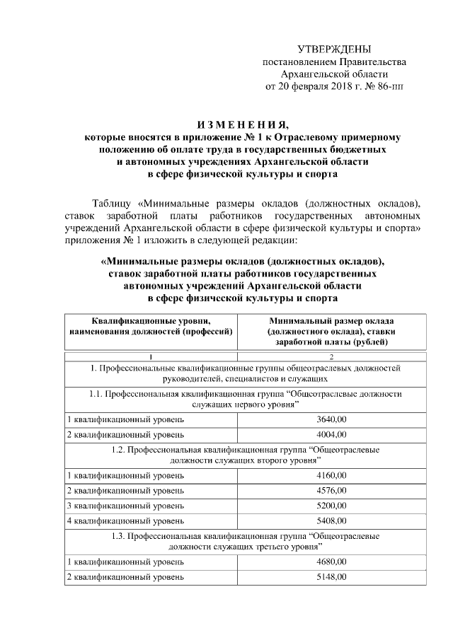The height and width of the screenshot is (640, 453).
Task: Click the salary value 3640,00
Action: (x=332, y=419)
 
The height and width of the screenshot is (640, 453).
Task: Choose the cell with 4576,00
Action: (x=332, y=490)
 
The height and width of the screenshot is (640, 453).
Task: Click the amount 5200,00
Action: (x=332, y=506)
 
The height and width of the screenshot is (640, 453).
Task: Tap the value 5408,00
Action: (x=332, y=521)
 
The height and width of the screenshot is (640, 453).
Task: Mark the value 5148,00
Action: (x=332, y=577)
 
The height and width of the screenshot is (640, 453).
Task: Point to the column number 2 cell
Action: (x=332, y=355)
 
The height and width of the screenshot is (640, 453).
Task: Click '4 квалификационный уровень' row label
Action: (x=125, y=521)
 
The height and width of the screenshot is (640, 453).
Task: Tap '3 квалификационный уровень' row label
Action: (x=125, y=506)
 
